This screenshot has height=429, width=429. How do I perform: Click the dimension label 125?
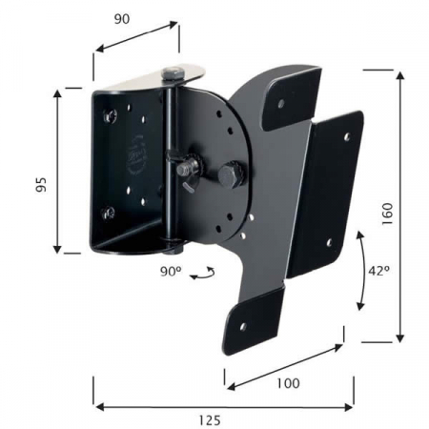click(x=210, y=420)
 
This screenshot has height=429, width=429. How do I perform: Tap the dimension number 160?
click(x=387, y=214)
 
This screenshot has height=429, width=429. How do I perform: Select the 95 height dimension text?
click(x=41, y=184)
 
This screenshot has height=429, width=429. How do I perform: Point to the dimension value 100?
click(x=288, y=383)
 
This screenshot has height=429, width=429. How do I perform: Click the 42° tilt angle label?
click(x=378, y=271)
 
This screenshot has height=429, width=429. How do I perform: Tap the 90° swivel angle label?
click(x=171, y=272)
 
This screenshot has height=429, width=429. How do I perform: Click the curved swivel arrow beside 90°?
click(x=203, y=274)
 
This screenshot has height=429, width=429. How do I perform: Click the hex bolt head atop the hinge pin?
click(x=173, y=74)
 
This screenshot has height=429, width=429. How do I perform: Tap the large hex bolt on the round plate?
click(x=231, y=175)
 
